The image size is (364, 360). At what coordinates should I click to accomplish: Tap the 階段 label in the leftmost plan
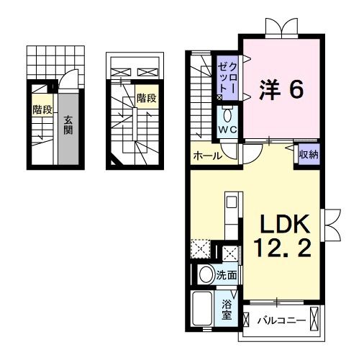point(42,109)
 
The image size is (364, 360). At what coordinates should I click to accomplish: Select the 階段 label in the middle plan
point(147,98)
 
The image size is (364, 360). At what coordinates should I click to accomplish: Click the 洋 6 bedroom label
point(281,89)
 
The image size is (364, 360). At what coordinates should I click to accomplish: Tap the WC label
point(229,130)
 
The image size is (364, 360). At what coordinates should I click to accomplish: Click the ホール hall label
point(206,156)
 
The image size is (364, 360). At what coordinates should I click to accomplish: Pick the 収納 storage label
point(309,153)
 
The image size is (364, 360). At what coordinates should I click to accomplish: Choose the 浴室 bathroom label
point(227,309)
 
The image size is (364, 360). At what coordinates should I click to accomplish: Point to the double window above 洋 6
point(280,29)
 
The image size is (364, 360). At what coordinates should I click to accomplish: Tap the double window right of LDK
point(332,225)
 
